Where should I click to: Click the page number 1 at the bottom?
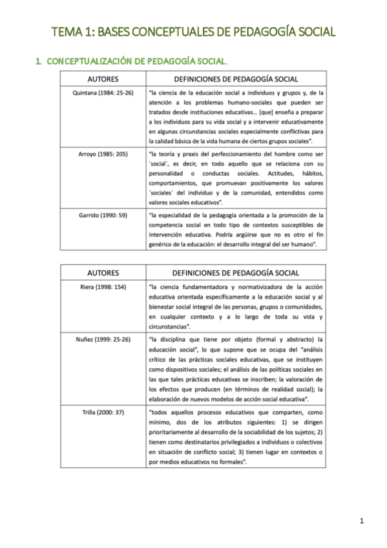[362, 521]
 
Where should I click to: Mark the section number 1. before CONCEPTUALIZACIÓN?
[39, 61]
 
